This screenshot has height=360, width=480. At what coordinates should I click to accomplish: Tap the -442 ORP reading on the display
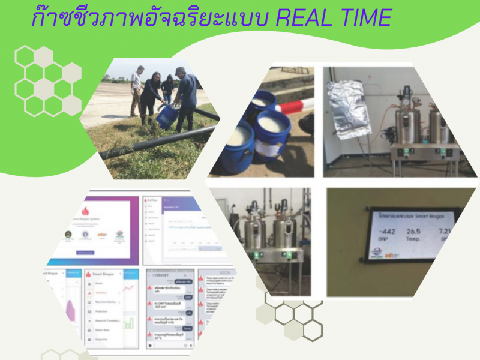(x=382, y=233)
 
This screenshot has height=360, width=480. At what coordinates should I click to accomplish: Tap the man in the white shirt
(x=137, y=90)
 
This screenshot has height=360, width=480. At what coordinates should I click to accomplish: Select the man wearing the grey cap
(x=187, y=96)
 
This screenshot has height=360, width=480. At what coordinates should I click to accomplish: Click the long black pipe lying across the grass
(x=150, y=144)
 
